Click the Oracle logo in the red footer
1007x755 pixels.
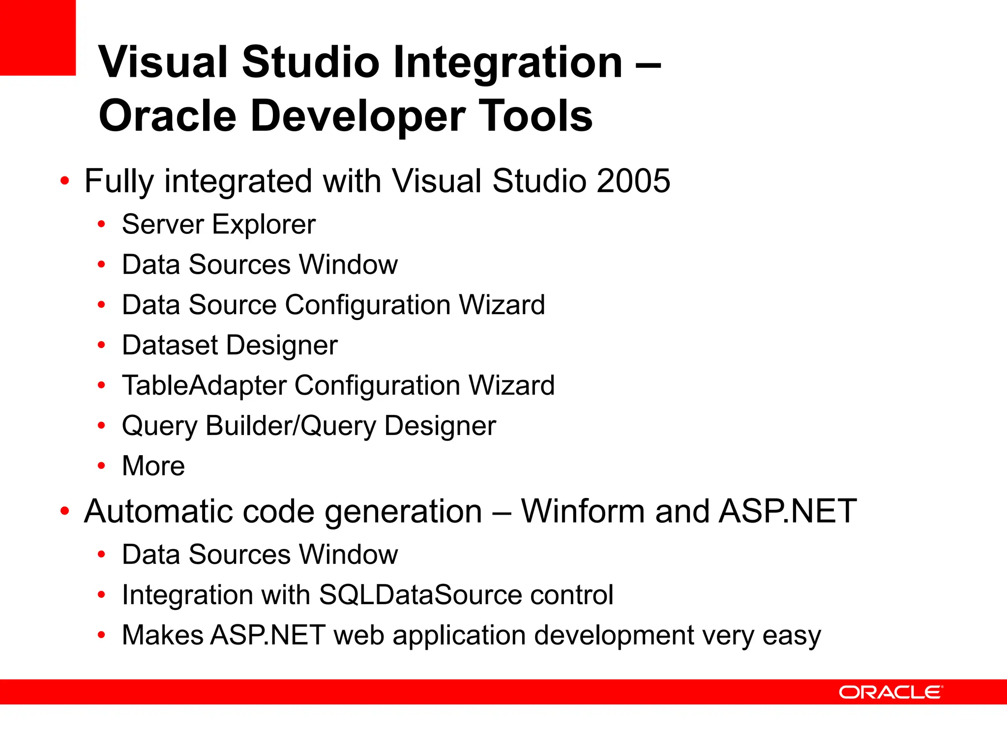pyautogui.click(x=890, y=692)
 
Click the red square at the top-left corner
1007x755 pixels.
pyautogui.click(x=37, y=37)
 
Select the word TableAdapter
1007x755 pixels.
pyautogui.click(x=204, y=385)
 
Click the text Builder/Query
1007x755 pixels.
pyautogui.click(x=291, y=426)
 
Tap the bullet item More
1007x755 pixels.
pyautogui.click(x=153, y=465)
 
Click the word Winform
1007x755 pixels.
pyautogui.click(x=583, y=511)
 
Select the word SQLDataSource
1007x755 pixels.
pyautogui.click(x=420, y=595)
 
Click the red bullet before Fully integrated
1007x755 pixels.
pyautogui.click(x=64, y=181)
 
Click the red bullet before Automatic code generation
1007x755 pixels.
pyautogui.click(x=64, y=511)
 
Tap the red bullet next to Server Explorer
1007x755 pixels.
pyautogui.click(x=101, y=225)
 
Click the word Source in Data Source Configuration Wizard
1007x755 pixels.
pyautogui.click(x=233, y=305)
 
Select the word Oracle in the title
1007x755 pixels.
pyautogui.click(x=167, y=116)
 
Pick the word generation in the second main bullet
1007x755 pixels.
pyautogui.click(x=403, y=511)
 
